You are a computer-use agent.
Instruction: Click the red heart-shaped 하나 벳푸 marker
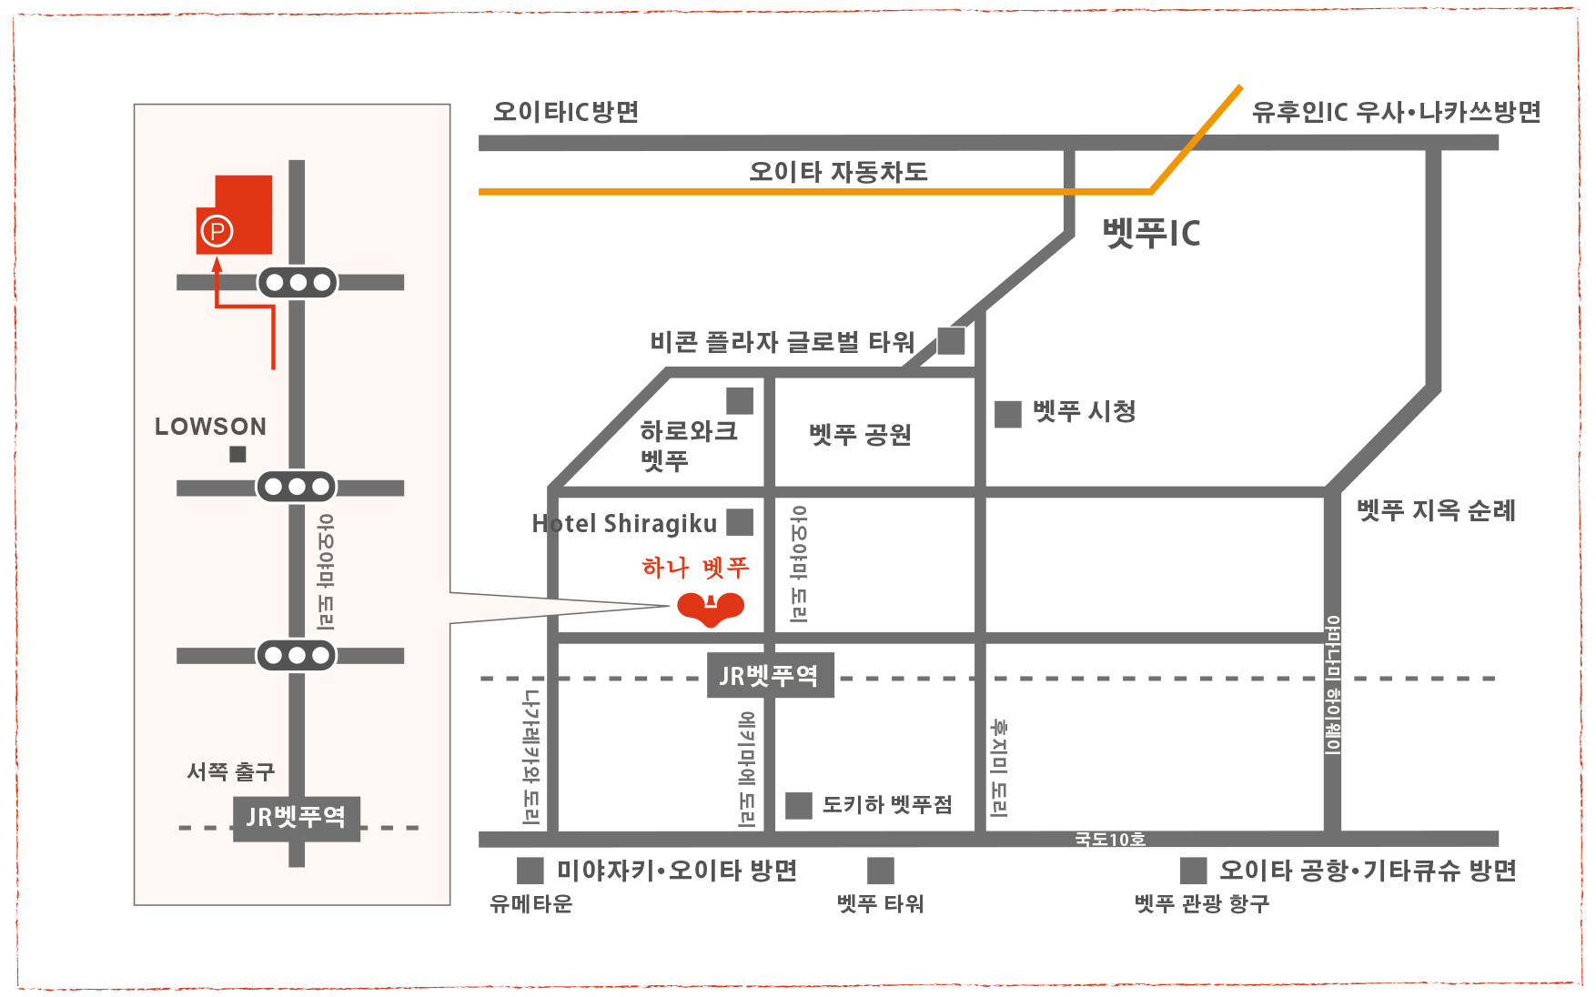tap(711, 609)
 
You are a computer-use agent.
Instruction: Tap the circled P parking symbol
tap(217, 231)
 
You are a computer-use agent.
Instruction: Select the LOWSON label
tap(211, 427)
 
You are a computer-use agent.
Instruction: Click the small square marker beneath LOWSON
tap(237, 454)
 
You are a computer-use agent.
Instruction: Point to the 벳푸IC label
tap(1151, 233)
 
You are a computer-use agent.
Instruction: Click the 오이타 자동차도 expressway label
tap(838, 171)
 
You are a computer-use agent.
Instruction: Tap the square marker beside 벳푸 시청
tap(1008, 414)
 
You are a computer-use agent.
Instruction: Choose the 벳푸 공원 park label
tap(860, 435)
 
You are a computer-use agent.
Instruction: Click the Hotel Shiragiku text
tap(624, 524)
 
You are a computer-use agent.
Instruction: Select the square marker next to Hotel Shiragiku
tap(740, 522)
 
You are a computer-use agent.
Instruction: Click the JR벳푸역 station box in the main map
tap(771, 675)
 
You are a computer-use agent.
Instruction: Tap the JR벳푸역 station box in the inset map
tap(297, 818)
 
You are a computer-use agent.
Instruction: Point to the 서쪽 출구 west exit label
tap(230, 772)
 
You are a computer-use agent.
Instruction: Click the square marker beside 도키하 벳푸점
tap(799, 805)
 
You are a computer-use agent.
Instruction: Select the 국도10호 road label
tap(1110, 839)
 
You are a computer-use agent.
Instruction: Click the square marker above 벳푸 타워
tap(881, 871)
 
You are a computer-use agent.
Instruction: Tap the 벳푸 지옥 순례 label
tap(1436, 510)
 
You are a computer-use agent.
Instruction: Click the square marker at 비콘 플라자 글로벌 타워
tap(951, 341)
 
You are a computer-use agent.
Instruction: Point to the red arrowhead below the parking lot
tap(217, 265)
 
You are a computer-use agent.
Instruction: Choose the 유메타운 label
tap(531, 903)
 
